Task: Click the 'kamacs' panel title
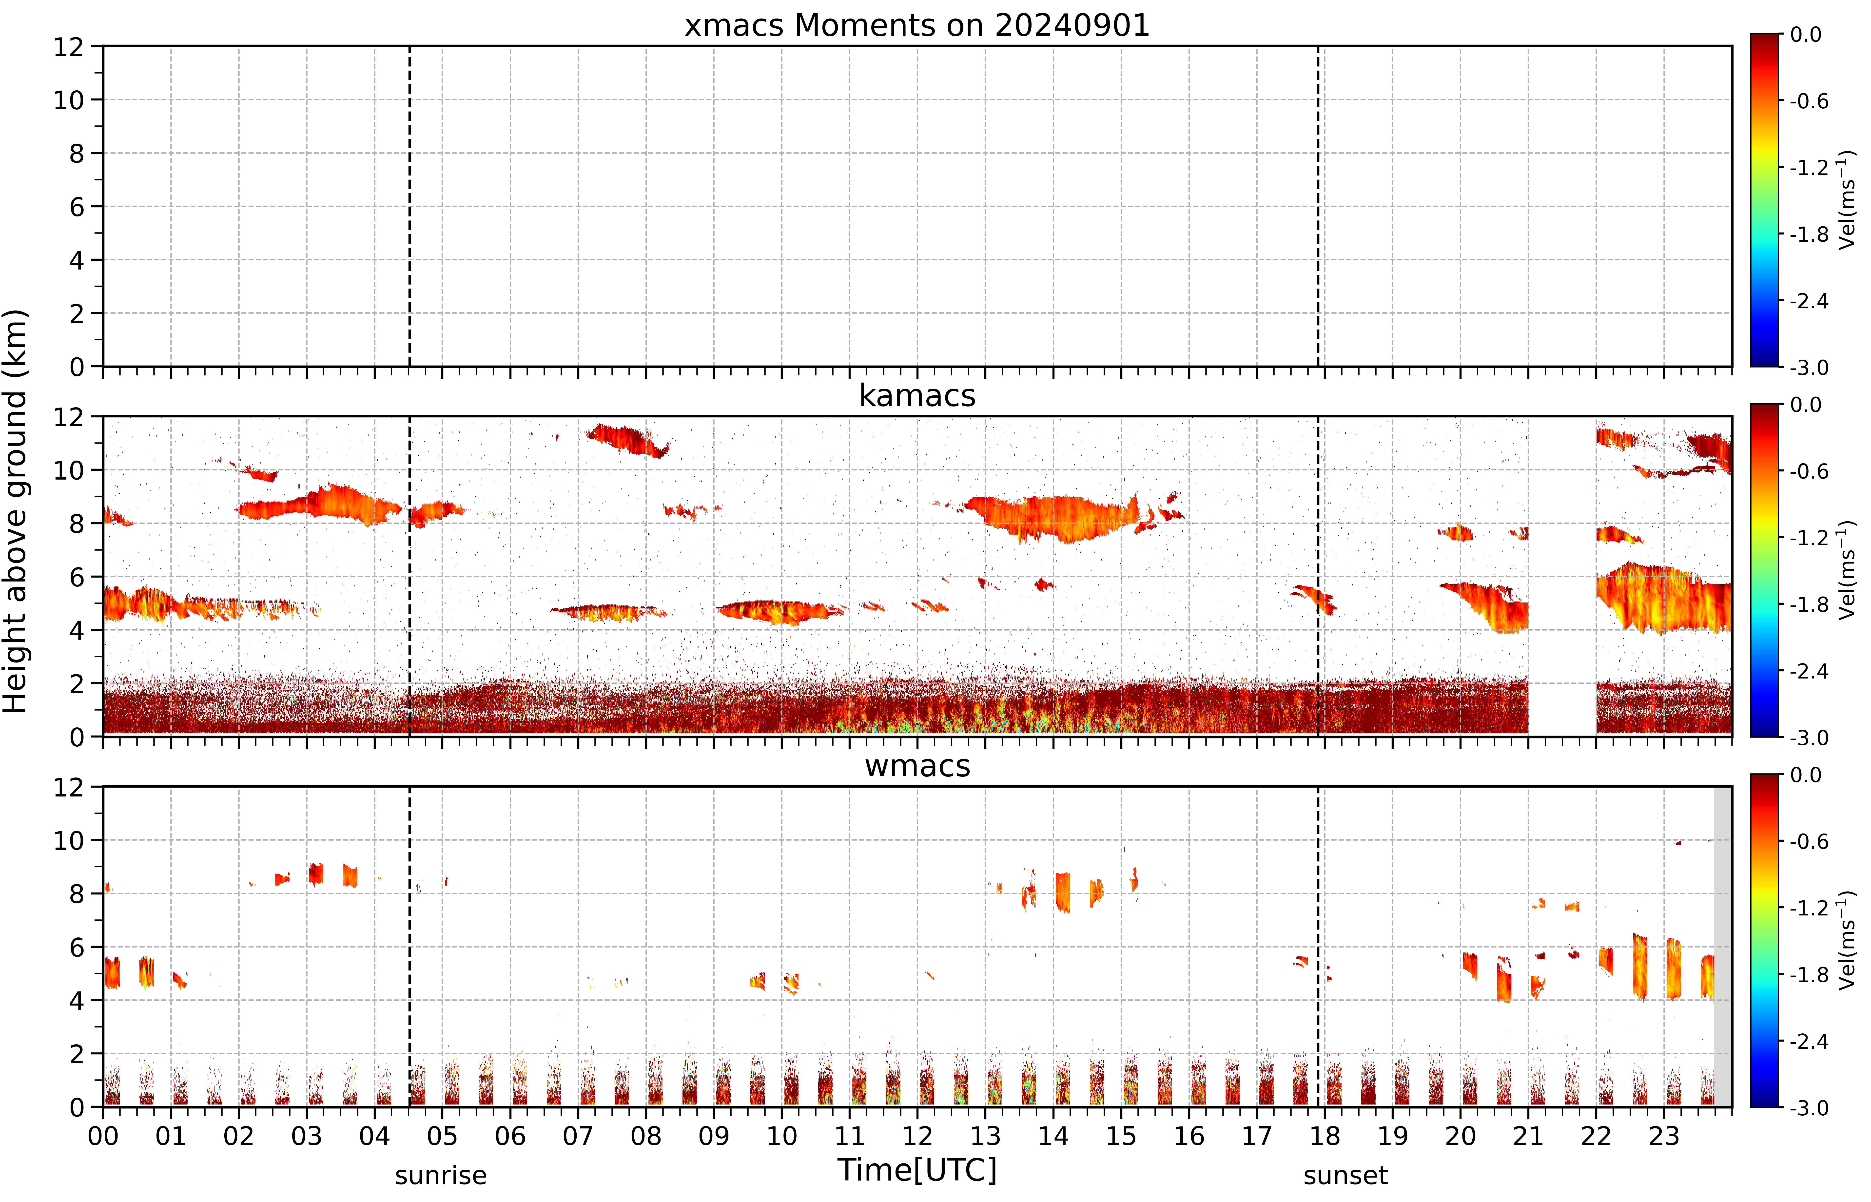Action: (917, 396)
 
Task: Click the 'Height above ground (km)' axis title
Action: (16, 511)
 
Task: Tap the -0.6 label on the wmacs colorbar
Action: (1809, 841)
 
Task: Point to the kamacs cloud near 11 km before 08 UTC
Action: (628, 440)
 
